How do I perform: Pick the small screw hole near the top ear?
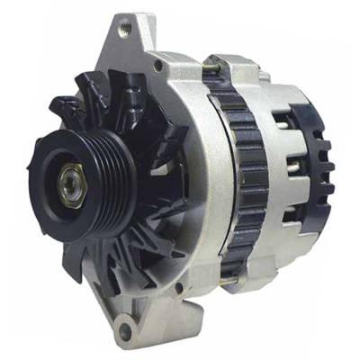click(x=157, y=66)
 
